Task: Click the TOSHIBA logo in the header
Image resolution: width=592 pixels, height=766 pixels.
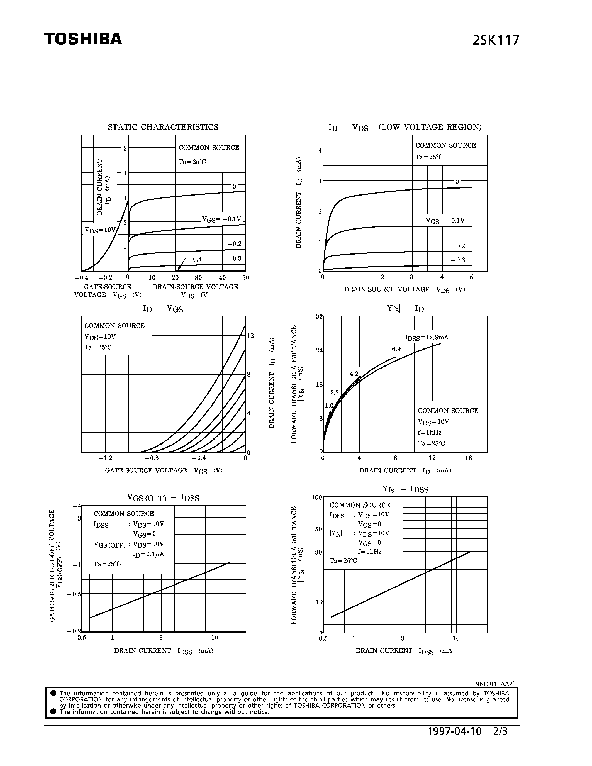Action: (83, 39)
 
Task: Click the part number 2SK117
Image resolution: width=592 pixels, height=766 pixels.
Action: (496, 40)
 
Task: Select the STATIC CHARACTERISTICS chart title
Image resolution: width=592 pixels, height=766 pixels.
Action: (163, 127)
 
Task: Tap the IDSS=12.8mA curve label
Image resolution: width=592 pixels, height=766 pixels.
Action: (427, 337)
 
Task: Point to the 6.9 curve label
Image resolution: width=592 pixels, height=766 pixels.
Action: (396, 349)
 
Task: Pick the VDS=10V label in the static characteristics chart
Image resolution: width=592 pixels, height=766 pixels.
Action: (100, 230)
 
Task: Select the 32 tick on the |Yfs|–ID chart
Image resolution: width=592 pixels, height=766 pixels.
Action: (319, 316)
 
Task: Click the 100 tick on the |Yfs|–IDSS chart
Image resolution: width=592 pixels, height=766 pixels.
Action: (317, 497)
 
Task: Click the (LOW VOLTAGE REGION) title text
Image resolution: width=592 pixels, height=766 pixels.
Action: (430, 127)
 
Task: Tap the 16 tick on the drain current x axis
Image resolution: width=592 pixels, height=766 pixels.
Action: (469, 458)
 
